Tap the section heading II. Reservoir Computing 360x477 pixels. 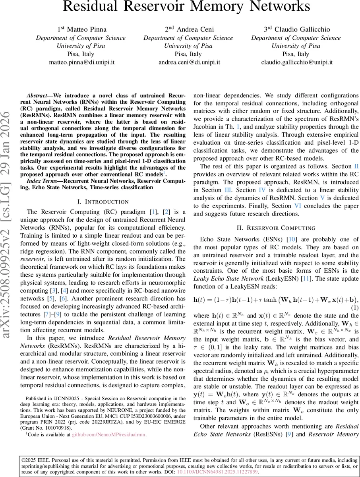tap(276, 228)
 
